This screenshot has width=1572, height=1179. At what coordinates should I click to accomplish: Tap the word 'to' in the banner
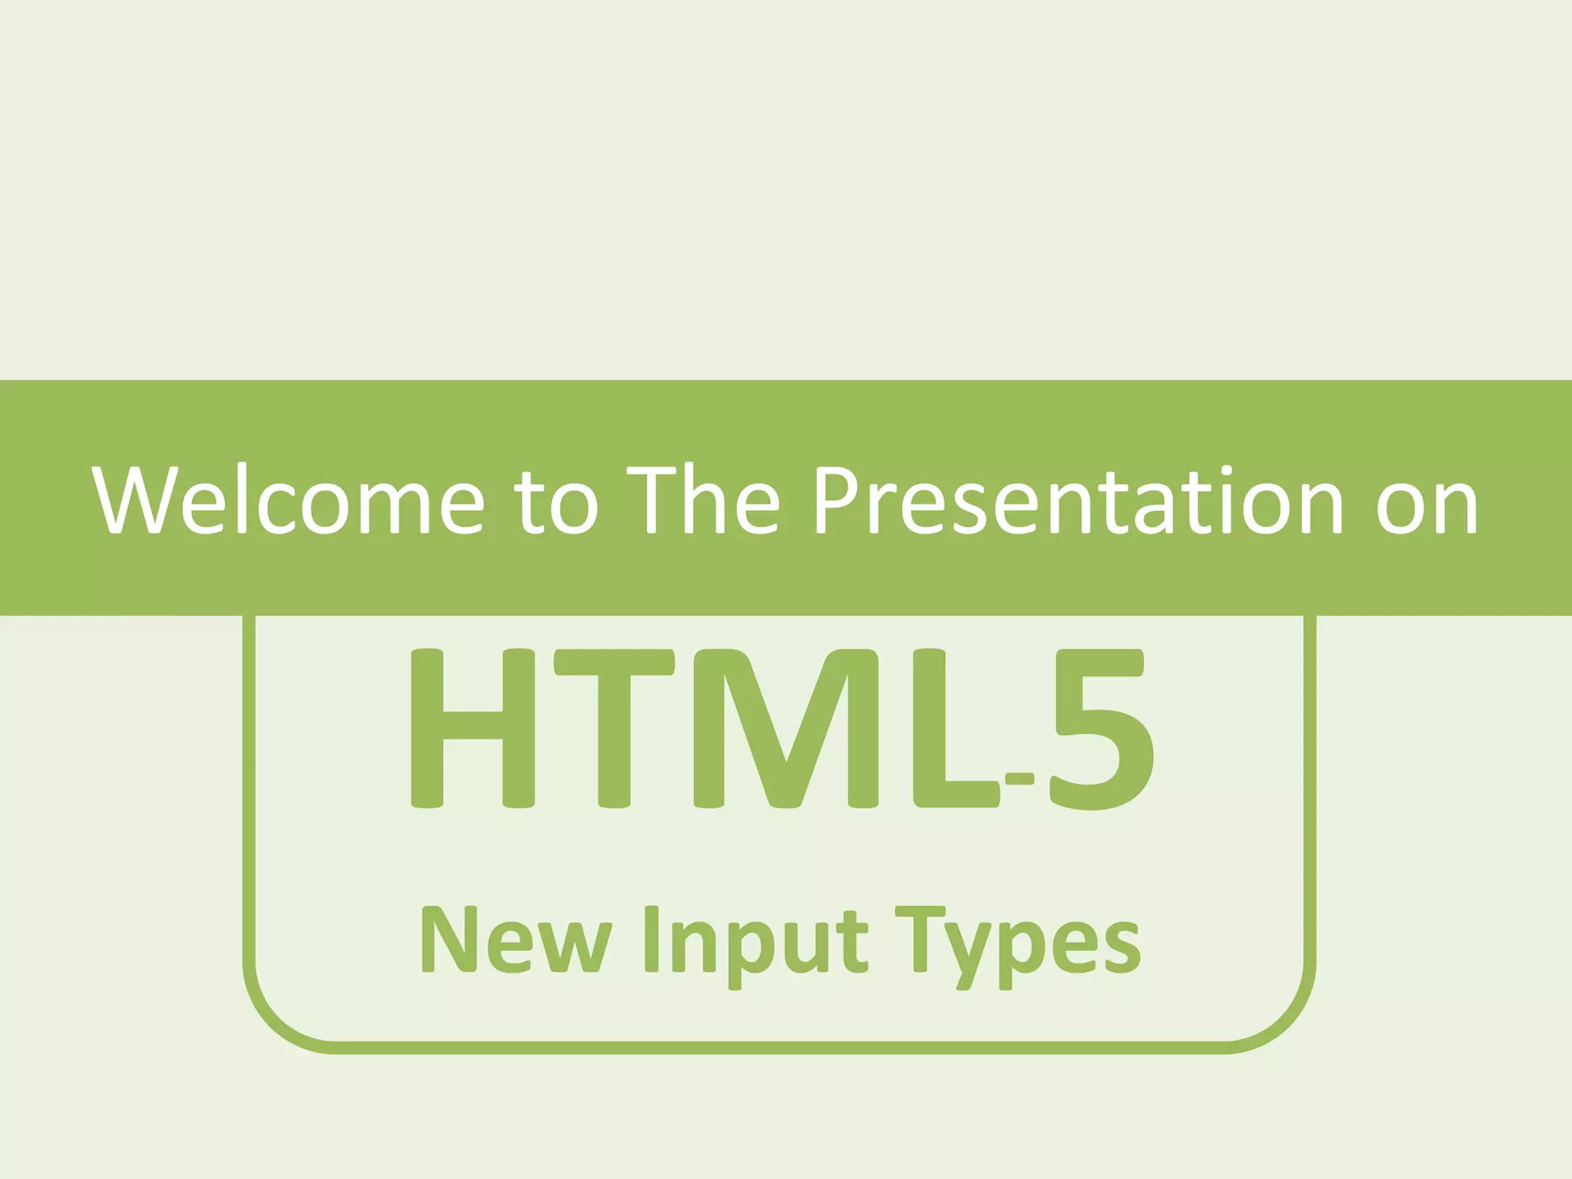(x=558, y=503)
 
